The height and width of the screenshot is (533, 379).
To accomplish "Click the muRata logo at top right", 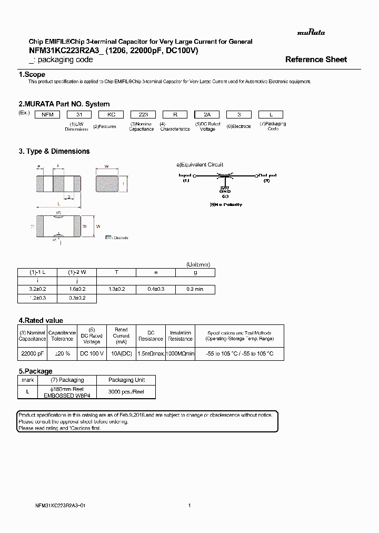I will (311, 33).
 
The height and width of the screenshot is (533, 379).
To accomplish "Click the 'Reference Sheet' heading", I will (316, 60).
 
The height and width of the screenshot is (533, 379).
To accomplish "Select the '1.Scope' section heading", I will (32, 75).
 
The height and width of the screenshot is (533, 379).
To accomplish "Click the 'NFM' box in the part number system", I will (47, 114).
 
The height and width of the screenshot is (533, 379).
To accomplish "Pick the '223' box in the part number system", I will (143, 114).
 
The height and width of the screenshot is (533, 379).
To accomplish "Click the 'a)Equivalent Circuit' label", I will (200, 164).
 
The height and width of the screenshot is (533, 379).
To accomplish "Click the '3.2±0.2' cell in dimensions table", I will (37, 289).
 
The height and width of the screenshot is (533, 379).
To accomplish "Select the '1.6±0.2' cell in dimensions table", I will (77, 289).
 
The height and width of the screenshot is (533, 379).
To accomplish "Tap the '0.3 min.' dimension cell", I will (195, 289).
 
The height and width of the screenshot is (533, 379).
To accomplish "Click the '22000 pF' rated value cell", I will (32, 353).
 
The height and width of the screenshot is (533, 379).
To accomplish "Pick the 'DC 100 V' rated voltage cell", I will (92, 353).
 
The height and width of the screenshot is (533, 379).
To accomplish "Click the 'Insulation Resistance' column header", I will (181, 336).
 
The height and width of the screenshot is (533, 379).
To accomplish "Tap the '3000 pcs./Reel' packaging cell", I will (126, 392).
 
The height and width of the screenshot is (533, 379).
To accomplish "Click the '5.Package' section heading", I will (35, 371).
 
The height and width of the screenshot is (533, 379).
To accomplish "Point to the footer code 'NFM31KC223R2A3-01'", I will (57, 505).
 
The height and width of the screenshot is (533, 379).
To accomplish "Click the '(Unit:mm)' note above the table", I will (198, 264).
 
